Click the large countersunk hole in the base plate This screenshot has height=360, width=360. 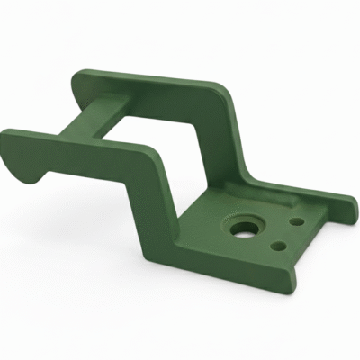[x=242, y=229]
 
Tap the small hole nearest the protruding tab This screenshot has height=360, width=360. [x=295, y=219]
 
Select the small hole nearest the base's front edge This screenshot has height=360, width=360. [x=280, y=243]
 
